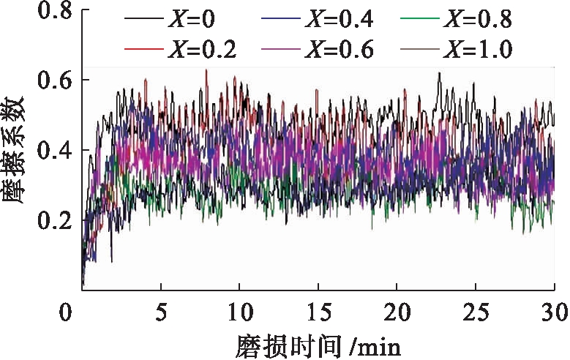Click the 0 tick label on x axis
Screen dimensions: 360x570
pyautogui.click(x=67, y=311)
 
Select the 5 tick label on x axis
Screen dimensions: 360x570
pyautogui.click(x=161, y=311)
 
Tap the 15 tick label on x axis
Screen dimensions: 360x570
pyautogui.click(x=318, y=311)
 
